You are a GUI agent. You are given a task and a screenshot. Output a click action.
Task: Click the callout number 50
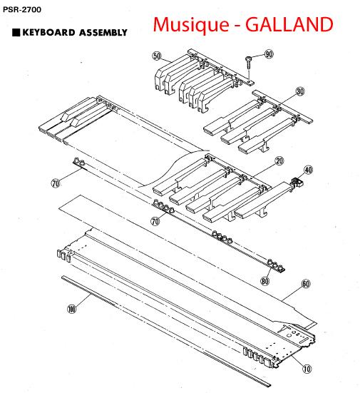pos(157,56)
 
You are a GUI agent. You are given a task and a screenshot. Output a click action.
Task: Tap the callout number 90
pos(269,54)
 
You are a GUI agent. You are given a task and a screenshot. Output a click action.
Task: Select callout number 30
pos(300,91)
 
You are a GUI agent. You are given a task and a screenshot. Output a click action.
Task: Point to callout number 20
pos(279,161)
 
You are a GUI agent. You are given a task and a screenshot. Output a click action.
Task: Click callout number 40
pos(309,170)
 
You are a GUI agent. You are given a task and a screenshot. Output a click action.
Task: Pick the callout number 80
pos(265,281)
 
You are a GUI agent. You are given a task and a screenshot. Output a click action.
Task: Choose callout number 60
pos(306,284)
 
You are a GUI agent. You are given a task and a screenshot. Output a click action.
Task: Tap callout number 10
pos(307,369)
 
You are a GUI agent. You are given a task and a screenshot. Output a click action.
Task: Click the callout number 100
pos(72,309)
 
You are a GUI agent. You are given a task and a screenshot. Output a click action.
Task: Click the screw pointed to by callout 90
pos(248,62)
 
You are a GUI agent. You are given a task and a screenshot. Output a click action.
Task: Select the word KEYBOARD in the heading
pos(49,33)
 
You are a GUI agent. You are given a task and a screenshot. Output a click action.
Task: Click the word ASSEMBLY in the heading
pos(103,33)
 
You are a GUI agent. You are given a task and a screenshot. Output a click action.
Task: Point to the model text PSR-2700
pos(22,10)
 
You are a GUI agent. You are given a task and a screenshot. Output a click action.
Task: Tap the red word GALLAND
pos(289,24)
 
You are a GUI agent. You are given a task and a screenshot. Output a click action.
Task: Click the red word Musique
pos(191,25)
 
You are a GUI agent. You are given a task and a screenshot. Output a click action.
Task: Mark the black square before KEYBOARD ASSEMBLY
pos(16,33)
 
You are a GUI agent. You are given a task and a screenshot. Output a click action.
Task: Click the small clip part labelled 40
pos(297,182)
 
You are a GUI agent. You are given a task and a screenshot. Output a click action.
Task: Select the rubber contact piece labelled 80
pos(276,265)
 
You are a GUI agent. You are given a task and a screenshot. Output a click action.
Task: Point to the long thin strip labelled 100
pos(166,331)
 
